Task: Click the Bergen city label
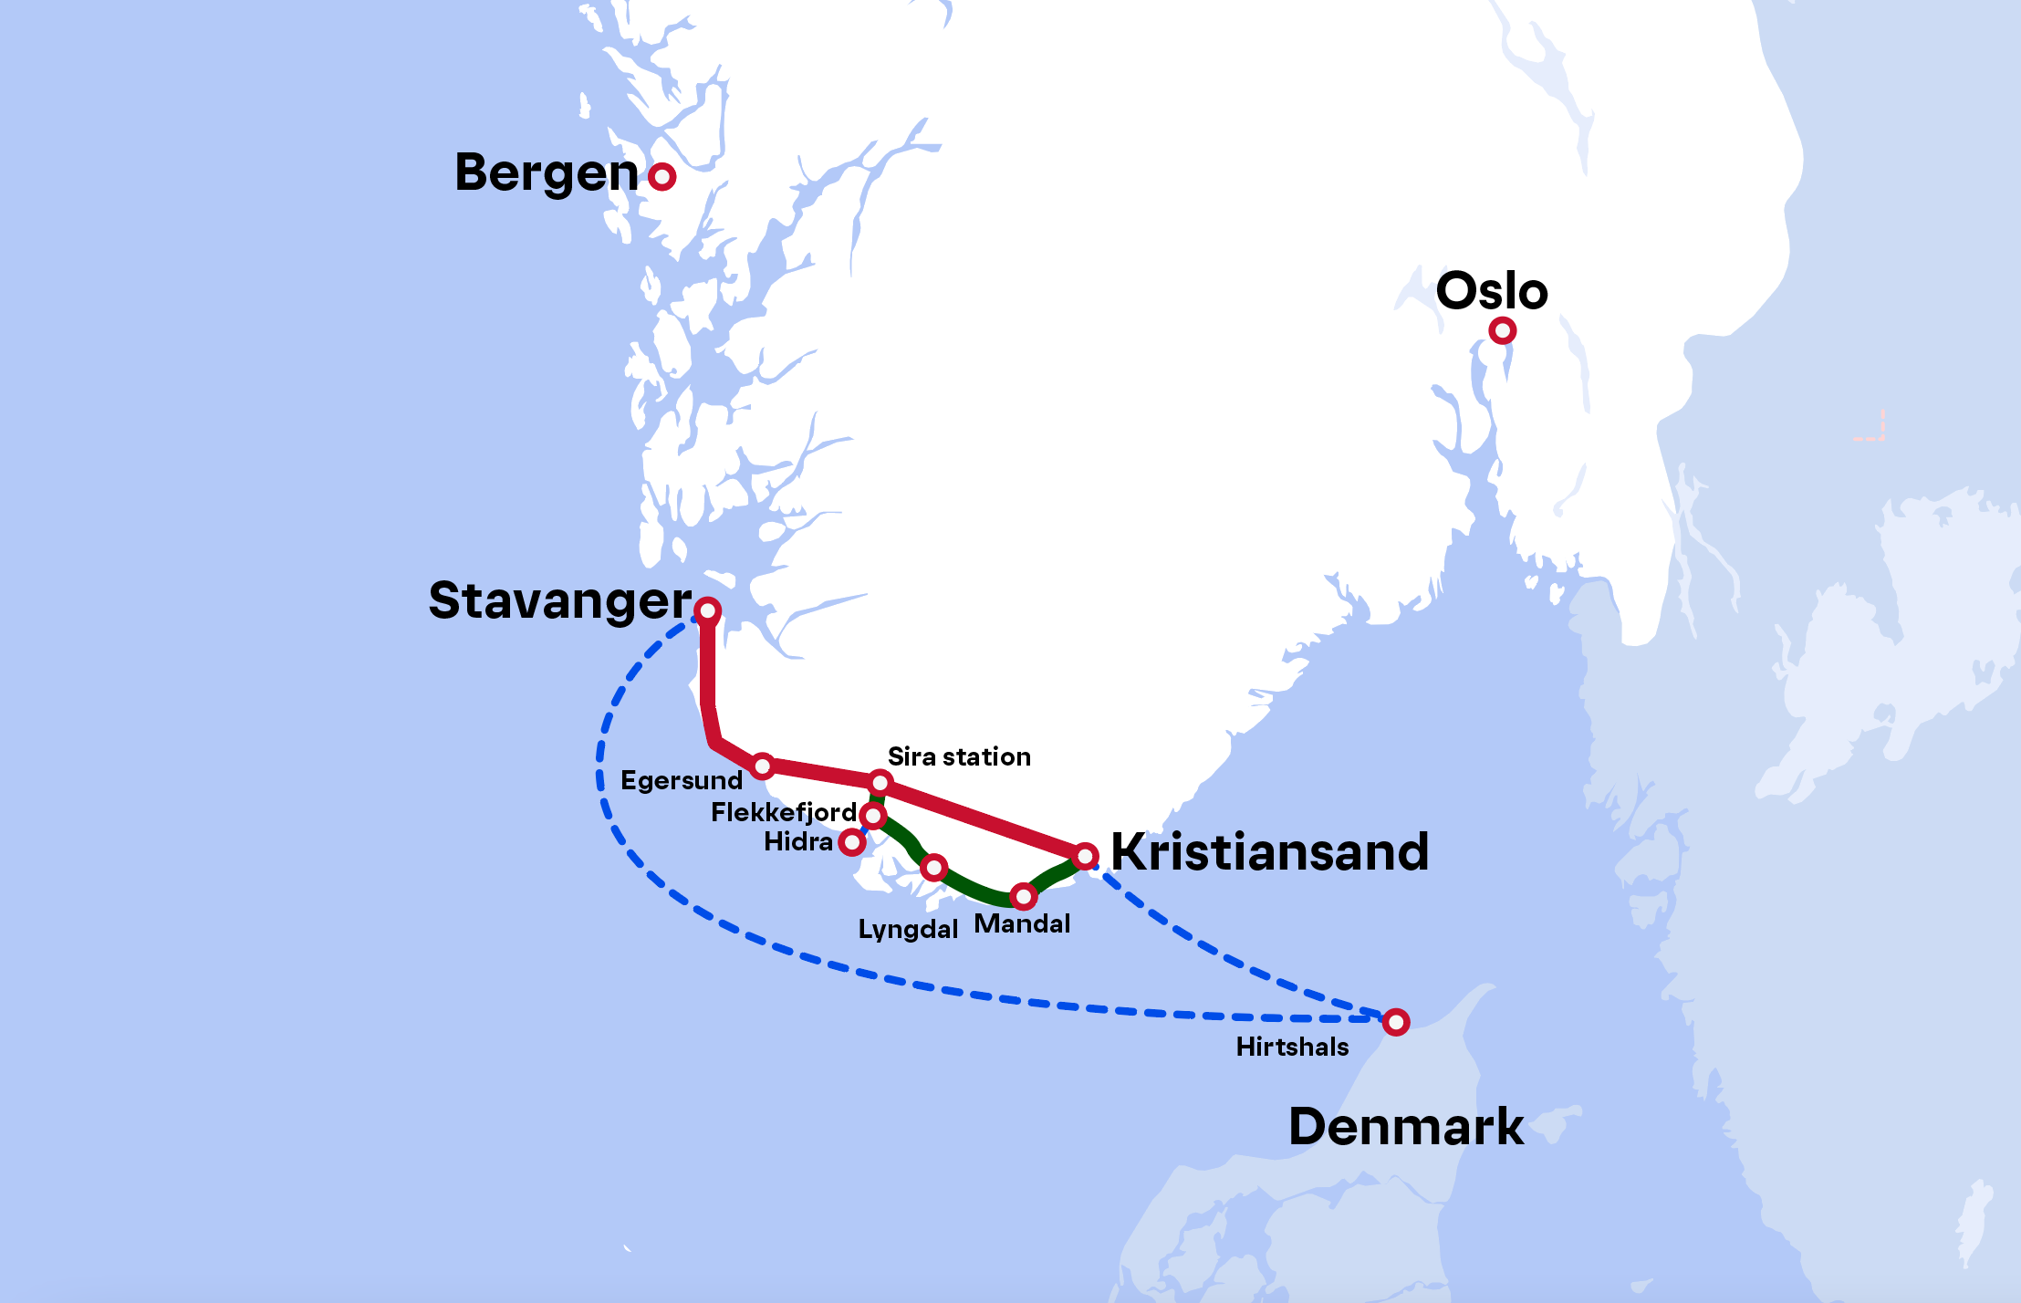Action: [546, 173]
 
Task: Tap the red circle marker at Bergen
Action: [662, 176]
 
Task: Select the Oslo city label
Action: [1492, 291]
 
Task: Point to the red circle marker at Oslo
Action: [1502, 330]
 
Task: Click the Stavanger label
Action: [560, 602]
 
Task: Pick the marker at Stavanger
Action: [708, 610]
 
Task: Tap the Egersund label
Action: [682, 781]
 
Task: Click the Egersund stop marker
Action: [763, 766]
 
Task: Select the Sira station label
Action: [959, 756]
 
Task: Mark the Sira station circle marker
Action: [880, 783]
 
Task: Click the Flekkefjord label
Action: [784, 812]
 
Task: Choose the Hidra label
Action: [798, 841]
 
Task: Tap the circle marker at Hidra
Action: [851, 842]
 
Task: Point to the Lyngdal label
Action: [908, 930]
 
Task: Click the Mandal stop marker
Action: [1024, 897]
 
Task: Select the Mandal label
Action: [1022, 924]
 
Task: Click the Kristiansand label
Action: [1269, 852]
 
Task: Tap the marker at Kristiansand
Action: [1085, 856]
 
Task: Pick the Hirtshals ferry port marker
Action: [1396, 1022]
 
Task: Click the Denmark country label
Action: [1405, 1127]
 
